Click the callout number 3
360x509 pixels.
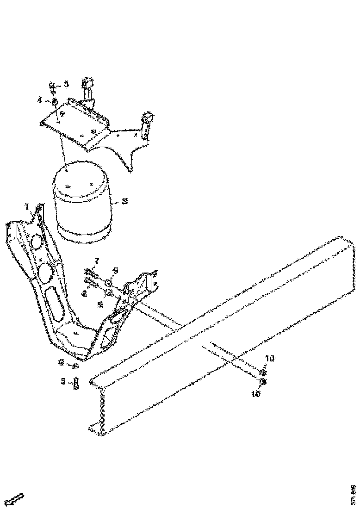coord(66,84)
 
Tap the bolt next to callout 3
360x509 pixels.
coord(52,87)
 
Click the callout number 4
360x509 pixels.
coord(40,99)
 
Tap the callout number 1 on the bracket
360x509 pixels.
coord(27,205)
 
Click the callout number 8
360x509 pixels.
coord(84,292)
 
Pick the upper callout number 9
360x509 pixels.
coord(116,269)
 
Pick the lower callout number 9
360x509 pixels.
coord(100,304)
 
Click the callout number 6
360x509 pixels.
coord(61,363)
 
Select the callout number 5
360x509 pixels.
coord(63,382)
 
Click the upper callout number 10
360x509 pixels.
coord(269,358)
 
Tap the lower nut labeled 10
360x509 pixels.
coord(262,381)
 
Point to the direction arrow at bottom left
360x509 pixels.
coord(16,499)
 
